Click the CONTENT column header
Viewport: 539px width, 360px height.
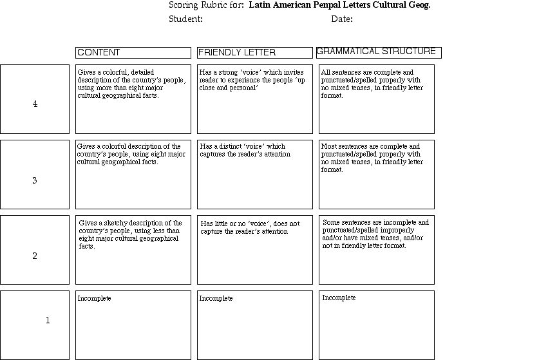tap(99, 53)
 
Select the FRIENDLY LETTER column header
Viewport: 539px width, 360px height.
tap(237, 53)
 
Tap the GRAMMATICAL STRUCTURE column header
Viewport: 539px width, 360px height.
tap(376, 52)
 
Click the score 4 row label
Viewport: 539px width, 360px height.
tap(35, 104)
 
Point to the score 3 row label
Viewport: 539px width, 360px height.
tap(35, 180)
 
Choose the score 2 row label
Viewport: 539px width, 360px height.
tap(35, 256)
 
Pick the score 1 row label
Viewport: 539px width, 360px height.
tap(47, 320)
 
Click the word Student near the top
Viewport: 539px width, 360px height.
tap(185, 19)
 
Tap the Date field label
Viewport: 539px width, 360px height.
tap(342, 19)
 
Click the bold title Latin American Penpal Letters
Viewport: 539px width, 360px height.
tap(339, 5)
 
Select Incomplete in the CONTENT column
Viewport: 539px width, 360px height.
tap(95, 299)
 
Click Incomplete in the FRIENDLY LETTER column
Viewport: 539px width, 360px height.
tap(216, 299)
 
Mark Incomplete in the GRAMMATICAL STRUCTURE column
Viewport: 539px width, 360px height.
tap(339, 298)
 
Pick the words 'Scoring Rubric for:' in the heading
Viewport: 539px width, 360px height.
tap(206, 5)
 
